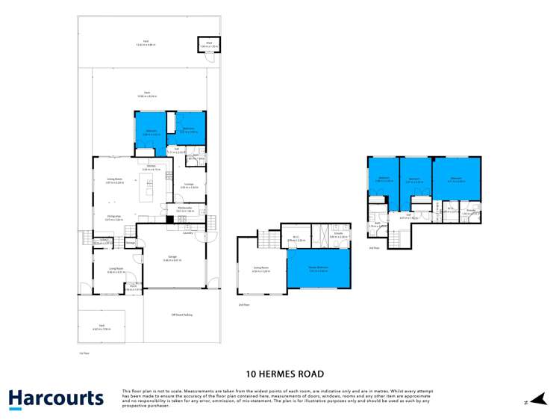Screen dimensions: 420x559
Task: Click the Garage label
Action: pos(174,259)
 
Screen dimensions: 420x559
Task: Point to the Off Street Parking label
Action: pos(182,315)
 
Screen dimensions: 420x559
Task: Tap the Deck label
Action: pos(147,92)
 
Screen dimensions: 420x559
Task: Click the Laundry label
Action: pos(188,232)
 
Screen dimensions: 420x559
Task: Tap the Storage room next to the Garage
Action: pos(131,242)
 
